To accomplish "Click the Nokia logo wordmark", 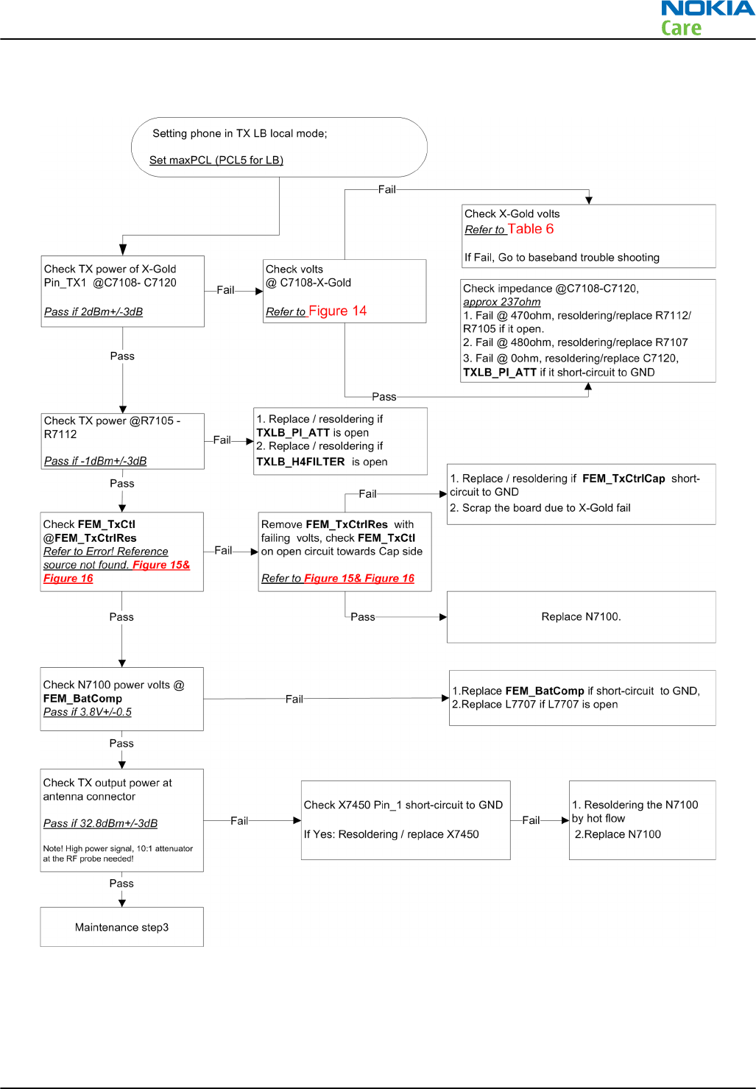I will pos(707,9).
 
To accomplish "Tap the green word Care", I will pos(681,29).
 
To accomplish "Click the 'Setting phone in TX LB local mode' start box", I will pos(279,147).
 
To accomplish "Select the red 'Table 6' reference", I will pos(530,229).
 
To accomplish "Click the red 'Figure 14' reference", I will pos(337,311).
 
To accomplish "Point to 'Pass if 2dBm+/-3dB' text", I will pos(93,311).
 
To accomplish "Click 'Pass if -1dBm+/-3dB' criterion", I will pos(95,461).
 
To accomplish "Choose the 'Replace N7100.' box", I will pos(581,617).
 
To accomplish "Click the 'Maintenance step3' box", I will pos(121,927).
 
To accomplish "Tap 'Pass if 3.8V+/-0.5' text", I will pos(88,712).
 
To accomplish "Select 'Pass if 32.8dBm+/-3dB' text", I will pos(100,823).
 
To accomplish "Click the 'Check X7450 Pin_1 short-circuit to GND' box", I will pos(406,820).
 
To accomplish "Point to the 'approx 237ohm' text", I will pos(502,302).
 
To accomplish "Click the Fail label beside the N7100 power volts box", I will pos(294,699).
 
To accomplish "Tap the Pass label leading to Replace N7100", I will pos(363,617).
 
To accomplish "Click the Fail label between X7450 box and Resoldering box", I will pos(531,820).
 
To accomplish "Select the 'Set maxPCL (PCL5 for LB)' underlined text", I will pos(216,160).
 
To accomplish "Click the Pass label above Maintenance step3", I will pos(121,883).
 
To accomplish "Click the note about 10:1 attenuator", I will pos(118,853).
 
